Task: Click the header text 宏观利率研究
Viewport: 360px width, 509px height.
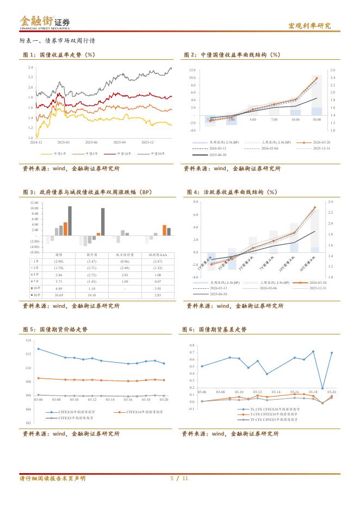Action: (x=309, y=26)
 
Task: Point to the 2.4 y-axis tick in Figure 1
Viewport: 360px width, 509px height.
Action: (x=31, y=67)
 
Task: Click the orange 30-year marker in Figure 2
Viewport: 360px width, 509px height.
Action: (x=316, y=78)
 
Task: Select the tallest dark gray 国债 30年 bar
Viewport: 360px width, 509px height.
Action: (x=70, y=221)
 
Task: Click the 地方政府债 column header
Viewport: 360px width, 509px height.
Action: (x=125, y=254)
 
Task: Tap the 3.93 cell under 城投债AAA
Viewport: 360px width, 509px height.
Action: (x=158, y=288)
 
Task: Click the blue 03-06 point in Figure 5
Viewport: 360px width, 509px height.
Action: (x=38, y=349)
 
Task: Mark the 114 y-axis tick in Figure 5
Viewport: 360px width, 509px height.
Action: (x=28, y=340)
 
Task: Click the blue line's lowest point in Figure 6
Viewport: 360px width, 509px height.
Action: (x=322, y=388)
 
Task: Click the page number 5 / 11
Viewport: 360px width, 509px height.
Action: (x=179, y=479)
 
